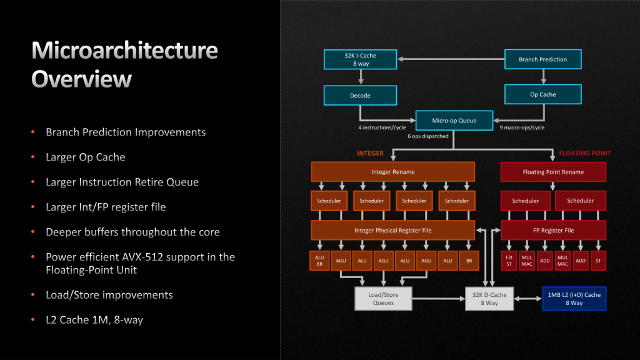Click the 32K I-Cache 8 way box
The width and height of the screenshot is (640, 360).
tap(359, 59)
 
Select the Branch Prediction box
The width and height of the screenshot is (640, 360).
tap(542, 59)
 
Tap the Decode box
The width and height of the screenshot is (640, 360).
tap(359, 96)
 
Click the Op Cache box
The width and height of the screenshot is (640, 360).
tap(542, 94)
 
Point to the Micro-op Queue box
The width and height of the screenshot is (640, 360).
tap(454, 121)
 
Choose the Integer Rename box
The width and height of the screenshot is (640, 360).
tap(392, 172)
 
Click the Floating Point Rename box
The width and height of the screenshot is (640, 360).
tap(553, 172)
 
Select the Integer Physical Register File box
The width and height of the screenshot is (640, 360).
tap(392, 230)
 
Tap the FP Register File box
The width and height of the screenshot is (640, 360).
tap(553, 230)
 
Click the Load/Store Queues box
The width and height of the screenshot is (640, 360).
tap(383, 298)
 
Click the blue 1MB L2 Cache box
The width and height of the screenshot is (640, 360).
tap(574, 298)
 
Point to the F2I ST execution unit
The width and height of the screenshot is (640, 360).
tap(510, 261)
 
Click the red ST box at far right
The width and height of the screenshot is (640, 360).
tap(598, 261)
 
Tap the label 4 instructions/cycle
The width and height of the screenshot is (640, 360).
tap(382, 127)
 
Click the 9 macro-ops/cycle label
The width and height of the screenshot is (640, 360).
tap(521, 127)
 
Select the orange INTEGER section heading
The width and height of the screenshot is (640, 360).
tap(370, 152)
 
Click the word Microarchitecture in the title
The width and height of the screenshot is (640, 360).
tap(124, 50)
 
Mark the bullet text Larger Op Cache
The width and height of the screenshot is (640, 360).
tap(85, 157)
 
